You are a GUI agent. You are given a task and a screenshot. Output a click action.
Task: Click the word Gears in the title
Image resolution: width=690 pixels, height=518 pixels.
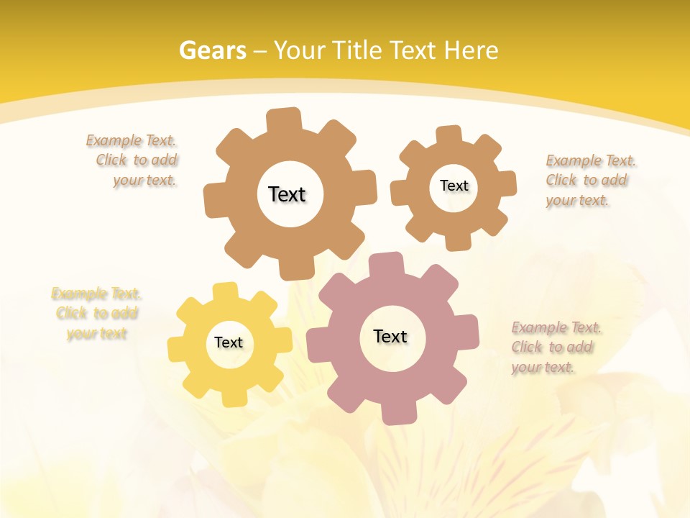(x=212, y=50)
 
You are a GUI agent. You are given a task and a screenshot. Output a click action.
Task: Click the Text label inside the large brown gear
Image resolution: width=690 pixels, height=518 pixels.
(x=287, y=194)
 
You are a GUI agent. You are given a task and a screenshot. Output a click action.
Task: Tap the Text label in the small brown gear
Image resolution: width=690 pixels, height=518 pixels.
(x=454, y=186)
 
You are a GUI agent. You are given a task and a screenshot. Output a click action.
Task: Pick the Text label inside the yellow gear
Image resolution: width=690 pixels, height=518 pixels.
(x=229, y=342)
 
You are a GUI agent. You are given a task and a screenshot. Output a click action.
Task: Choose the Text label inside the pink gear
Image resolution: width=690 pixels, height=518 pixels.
(x=390, y=336)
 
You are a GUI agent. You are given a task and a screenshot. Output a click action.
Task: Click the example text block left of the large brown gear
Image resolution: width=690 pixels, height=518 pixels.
(x=133, y=160)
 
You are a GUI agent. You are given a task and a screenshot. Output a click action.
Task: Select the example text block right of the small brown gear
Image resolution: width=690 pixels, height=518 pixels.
(x=589, y=181)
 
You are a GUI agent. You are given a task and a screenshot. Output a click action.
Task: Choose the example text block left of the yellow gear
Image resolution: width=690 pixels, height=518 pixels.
(x=96, y=314)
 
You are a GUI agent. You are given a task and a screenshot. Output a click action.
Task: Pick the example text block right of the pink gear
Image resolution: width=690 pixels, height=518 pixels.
(x=555, y=347)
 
